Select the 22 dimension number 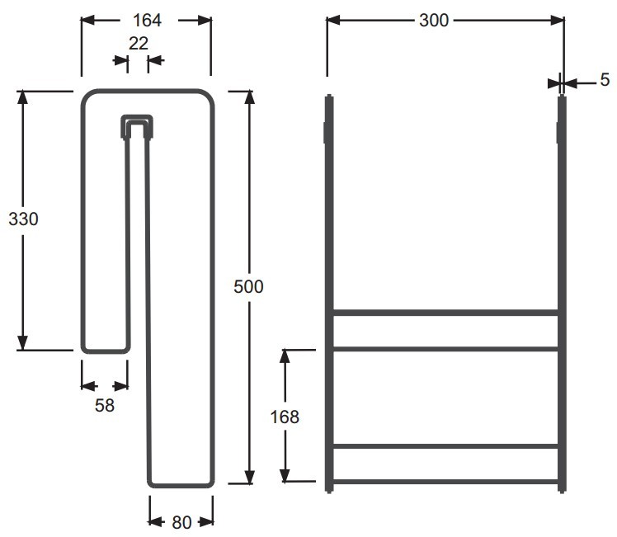138,43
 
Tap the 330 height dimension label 23,219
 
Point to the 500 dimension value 249,286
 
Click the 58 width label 105,405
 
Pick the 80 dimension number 181,521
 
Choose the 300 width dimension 434,21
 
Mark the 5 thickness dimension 605,80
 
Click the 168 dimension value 285,417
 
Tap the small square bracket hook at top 137,125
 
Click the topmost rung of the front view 445,313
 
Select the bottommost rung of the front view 445,481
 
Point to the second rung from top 445,349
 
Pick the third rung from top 445,446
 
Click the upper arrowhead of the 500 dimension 249,98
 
